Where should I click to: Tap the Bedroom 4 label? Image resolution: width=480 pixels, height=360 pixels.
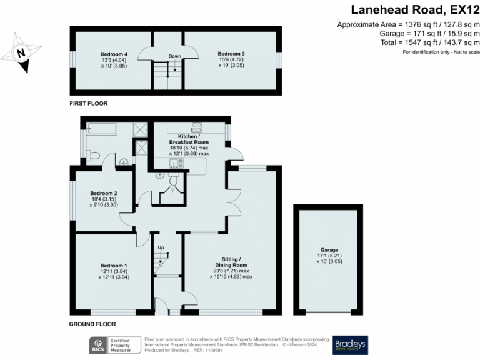[x=113, y=54]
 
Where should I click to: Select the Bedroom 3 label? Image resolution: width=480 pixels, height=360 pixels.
[x=231, y=54]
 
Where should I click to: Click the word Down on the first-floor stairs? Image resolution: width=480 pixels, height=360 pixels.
[x=174, y=56]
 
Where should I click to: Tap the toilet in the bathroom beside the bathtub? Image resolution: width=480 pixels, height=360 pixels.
[x=93, y=156]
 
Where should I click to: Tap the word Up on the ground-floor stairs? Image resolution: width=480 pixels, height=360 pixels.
[x=160, y=247]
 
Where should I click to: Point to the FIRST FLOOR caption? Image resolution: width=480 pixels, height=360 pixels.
[x=90, y=101]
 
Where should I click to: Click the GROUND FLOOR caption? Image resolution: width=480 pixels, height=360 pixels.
[x=92, y=324]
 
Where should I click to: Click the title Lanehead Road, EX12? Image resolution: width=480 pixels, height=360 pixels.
[x=415, y=9]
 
